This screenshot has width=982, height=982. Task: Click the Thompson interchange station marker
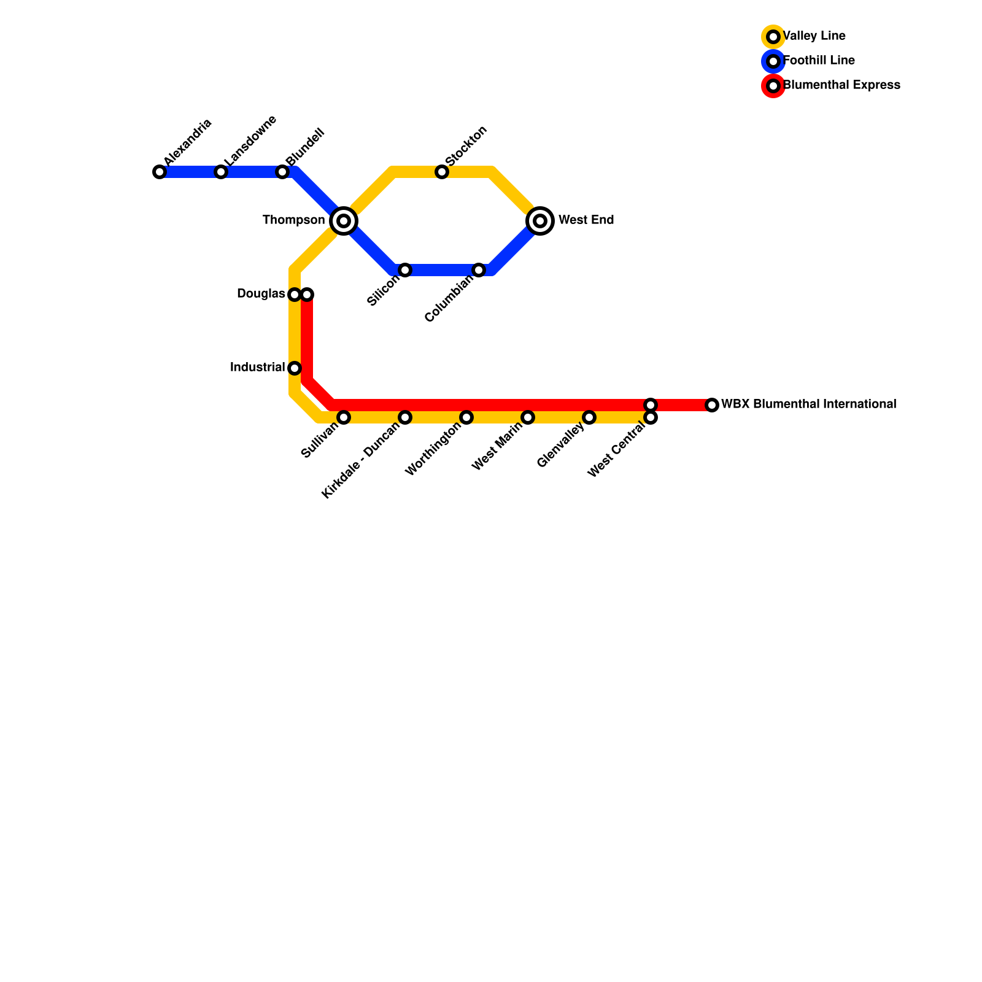[344, 221]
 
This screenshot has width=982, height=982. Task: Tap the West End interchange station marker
[540, 221]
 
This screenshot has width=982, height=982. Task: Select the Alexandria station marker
[160, 172]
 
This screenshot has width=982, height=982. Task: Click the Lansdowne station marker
[221, 172]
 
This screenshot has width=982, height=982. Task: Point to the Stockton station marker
[442, 172]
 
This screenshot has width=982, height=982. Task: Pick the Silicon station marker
[405, 270]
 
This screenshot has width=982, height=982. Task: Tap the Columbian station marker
[479, 270]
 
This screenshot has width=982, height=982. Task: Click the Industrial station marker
[295, 368]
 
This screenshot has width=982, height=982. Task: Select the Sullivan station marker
[344, 417]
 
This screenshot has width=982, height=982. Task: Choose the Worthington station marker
[466, 417]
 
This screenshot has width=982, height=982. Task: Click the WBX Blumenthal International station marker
[712, 405]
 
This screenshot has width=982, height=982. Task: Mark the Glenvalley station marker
[589, 417]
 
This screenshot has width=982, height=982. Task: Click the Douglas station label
[261, 294]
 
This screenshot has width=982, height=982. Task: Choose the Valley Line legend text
[814, 36]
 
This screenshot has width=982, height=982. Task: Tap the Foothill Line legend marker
[773, 61]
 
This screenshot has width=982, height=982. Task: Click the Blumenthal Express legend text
[841, 85]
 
